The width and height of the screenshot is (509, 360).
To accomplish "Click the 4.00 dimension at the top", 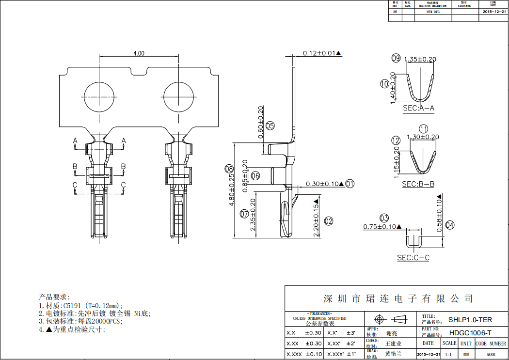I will (x=139, y=53).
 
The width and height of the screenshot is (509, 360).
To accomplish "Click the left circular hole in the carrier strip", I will (x=99, y=96).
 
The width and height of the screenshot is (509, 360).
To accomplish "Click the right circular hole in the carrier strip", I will (x=178, y=96).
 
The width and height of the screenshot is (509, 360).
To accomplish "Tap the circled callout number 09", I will (x=396, y=58).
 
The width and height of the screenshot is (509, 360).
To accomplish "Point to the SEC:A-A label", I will (x=418, y=109).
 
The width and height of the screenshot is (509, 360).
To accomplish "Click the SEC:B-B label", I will (x=418, y=184).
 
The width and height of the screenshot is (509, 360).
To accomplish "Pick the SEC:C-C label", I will (x=413, y=258).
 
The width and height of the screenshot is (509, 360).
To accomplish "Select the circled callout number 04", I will (x=450, y=225).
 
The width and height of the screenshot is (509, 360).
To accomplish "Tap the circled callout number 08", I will (x=229, y=169).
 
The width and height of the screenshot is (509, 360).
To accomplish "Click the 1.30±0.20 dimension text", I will (x=423, y=137).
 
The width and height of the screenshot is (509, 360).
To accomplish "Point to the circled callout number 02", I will (x=329, y=221).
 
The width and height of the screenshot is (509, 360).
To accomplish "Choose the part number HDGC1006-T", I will (x=470, y=333).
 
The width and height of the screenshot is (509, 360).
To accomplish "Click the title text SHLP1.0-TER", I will (x=470, y=320).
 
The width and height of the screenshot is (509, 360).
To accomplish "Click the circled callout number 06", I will (x=255, y=175).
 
